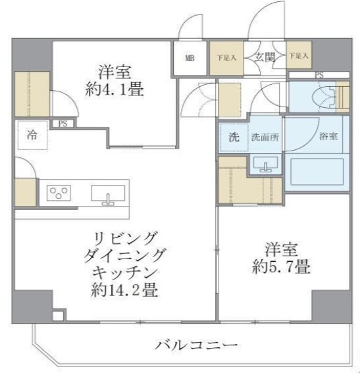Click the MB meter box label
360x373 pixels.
(x=189, y=58)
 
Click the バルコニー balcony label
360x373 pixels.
(x=196, y=344)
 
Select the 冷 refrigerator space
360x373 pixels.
(x=32, y=136)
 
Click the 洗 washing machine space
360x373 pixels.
(x=232, y=138)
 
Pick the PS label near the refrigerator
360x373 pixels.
(x=63, y=122)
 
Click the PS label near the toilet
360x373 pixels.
(x=320, y=75)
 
